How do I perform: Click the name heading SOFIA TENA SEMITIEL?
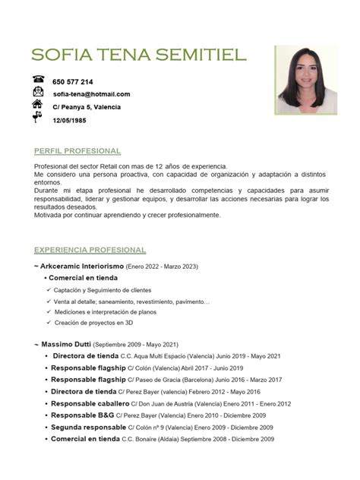(139, 55)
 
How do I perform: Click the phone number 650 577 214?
(73, 82)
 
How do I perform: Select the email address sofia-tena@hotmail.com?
(91, 94)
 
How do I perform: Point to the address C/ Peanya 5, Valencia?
(87, 107)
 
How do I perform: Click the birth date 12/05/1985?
(69, 120)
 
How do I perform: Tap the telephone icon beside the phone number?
(39, 80)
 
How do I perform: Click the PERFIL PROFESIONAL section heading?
(77, 150)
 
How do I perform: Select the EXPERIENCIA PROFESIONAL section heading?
(90, 250)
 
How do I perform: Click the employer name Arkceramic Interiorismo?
(82, 267)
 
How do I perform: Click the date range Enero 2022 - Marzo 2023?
(162, 267)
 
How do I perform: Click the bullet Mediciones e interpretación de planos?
(109, 311)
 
